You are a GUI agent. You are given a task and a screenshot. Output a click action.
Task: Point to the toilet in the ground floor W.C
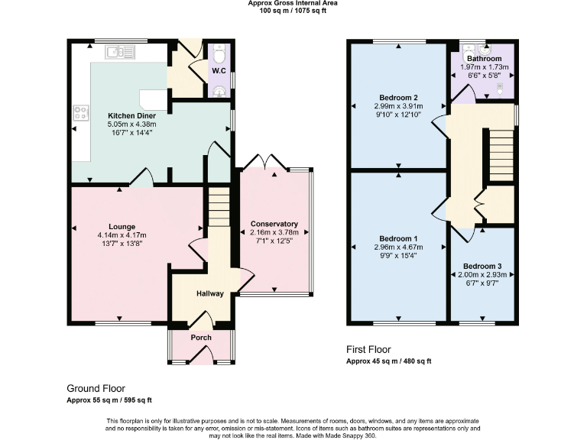click(220, 55)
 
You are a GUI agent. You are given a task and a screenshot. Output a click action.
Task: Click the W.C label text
click(220, 73)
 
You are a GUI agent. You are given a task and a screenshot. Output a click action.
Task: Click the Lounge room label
click(122, 226)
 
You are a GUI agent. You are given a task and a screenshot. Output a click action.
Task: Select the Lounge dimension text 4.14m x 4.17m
click(122, 235)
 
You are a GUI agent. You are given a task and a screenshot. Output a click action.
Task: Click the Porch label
click(201, 338)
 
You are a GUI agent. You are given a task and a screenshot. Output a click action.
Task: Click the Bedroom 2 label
click(398, 98)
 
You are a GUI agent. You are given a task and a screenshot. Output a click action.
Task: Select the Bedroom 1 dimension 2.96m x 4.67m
click(398, 247)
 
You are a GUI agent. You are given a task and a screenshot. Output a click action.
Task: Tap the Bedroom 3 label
click(482, 266)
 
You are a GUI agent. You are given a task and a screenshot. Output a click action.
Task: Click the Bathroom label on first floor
click(484, 58)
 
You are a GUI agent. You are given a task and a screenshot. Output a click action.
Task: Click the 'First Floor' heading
click(370, 350)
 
